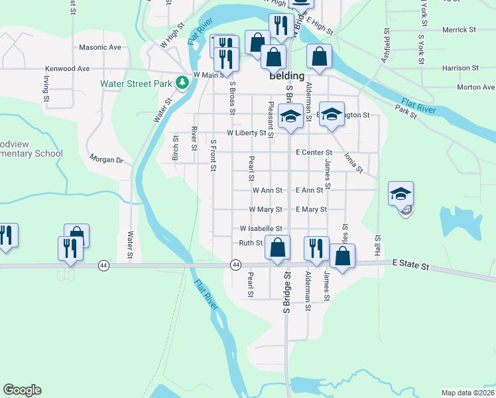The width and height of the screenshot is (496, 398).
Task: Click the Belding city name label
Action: click(x=286, y=76)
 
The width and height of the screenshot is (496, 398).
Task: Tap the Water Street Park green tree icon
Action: click(x=182, y=83)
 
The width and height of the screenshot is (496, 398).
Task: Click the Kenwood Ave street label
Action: click(x=67, y=68)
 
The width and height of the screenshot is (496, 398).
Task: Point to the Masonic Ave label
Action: click(x=100, y=48)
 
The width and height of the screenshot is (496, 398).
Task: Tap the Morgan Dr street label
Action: click(x=106, y=160)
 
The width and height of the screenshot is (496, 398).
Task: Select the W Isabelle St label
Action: click(x=261, y=228)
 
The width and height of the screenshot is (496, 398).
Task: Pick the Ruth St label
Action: click(x=251, y=243)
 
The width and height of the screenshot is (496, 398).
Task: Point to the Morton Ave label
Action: click(x=475, y=87)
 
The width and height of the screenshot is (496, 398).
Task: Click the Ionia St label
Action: click(x=353, y=163)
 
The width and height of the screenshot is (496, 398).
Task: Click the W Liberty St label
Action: click(x=246, y=133)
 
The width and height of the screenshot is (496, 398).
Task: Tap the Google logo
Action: click(x=22, y=390)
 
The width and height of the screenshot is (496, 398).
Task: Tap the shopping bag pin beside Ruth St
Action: click(x=277, y=248)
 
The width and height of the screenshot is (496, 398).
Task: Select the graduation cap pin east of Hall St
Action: click(x=401, y=193)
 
